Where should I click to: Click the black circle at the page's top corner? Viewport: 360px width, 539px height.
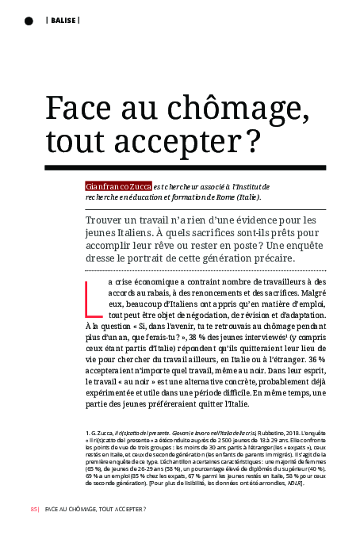[x=29, y=20]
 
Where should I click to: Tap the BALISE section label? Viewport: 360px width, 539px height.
[x=63, y=20]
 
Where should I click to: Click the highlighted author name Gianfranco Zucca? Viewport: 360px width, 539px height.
[x=118, y=185]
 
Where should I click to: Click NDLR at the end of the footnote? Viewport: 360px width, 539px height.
[x=291, y=484]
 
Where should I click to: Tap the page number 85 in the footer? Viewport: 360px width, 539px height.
[x=33, y=509]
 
